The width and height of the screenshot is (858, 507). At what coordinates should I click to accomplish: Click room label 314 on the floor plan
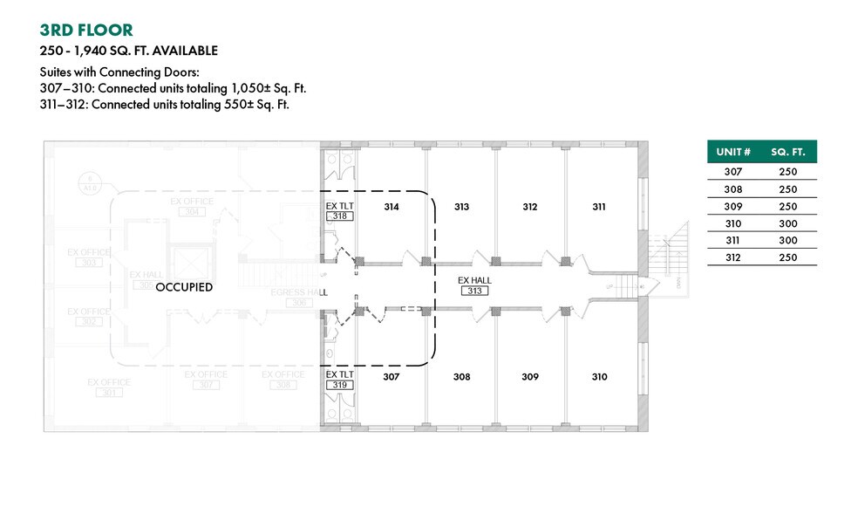(391, 207)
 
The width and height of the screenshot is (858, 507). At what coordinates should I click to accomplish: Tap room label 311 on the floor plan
(599, 207)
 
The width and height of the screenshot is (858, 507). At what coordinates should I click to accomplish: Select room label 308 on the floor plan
(461, 377)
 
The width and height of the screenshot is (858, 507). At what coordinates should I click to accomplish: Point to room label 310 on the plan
(599, 377)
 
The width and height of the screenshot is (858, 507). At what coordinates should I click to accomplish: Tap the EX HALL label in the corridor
(475, 280)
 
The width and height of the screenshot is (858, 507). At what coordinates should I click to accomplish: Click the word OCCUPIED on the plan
(184, 287)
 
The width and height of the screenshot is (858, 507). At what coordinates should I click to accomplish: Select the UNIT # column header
(733, 152)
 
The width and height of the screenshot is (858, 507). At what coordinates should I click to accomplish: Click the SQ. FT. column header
(787, 152)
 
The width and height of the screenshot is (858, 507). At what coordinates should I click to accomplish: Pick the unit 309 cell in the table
(733, 206)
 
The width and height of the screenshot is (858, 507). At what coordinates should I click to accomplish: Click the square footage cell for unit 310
(787, 223)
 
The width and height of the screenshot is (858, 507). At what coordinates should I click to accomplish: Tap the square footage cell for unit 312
(787, 257)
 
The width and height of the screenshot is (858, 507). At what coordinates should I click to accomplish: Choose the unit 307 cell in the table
(733, 172)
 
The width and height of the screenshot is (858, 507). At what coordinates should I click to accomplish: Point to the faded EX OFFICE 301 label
(109, 387)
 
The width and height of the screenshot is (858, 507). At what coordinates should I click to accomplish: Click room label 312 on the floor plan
(530, 207)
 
